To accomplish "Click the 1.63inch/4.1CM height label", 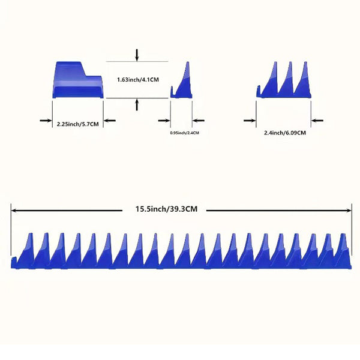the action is [x=138, y=80].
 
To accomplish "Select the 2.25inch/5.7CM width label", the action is [x=78, y=124].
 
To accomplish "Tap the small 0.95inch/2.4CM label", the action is [x=184, y=133].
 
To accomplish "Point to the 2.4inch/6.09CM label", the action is [x=285, y=133].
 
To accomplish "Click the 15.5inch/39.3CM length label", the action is [x=166, y=209].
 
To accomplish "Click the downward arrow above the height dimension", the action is [x=137, y=55].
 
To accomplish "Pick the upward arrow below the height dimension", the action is [x=137, y=104].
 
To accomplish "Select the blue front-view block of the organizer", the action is [x=78, y=80].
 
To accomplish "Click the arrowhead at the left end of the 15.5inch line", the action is [x=13, y=211].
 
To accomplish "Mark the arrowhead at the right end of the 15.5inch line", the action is [x=349, y=211].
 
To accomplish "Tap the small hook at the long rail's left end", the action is [x=14, y=262].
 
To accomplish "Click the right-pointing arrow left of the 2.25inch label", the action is [x=46, y=121].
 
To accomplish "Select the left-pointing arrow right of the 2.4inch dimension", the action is [x=317, y=121].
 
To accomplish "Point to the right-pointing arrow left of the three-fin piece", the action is [x=250, y=121].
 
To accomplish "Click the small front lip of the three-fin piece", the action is [x=259, y=91].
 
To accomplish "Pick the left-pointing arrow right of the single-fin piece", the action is [x=199, y=121].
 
